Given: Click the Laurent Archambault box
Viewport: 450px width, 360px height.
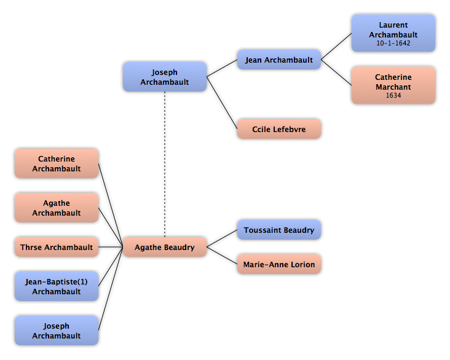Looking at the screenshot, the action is pyautogui.click(x=393, y=33).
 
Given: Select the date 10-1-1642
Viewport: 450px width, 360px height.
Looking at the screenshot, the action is pyautogui.click(x=393, y=44).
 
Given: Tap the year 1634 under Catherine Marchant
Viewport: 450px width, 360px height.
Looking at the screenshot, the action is pyautogui.click(x=393, y=95).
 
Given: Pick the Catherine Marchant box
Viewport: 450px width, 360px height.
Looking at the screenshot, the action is pyautogui.click(x=393, y=85).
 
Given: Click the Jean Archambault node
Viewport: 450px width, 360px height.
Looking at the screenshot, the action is pyautogui.click(x=279, y=60).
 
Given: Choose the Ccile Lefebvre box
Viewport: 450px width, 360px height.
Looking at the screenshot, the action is pyautogui.click(x=279, y=129).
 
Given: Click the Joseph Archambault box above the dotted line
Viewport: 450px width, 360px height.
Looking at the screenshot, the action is pyautogui.click(x=165, y=77).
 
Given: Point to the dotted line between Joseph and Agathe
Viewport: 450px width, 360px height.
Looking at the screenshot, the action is pyautogui.click(x=165, y=165).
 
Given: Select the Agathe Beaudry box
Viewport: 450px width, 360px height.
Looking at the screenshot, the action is pyautogui.click(x=165, y=247).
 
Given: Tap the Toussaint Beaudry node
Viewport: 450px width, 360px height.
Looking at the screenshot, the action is pyautogui.click(x=279, y=230).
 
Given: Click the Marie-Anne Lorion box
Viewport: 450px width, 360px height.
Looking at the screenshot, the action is pyautogui.click(x=279, y=264).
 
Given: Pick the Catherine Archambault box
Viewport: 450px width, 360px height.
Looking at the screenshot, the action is pyautogui.click(x=57, y=163).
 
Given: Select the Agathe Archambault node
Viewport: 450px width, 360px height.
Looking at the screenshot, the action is pyautogui.click(x=57, y=208).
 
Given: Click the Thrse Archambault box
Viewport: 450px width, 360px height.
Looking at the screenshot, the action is pyautogui.click(x=57, y=247).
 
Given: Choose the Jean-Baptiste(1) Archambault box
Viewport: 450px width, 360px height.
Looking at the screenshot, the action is pyautogui.click(x=57, y=286).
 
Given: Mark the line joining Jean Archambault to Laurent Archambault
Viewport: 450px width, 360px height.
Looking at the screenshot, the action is pyautogui.click(x=336, y=47).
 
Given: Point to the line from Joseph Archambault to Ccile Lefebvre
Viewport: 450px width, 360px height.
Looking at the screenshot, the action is pyautogui.click(x=222, y=103).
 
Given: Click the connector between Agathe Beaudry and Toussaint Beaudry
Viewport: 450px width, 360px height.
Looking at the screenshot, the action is pyautogui.click(x=222, y=238).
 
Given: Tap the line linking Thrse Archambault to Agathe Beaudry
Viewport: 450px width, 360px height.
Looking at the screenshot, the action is pyautogui.click(x=111, y=247).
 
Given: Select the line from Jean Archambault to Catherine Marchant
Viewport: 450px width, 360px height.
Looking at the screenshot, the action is pyautogui.click(x=336, y=72).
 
